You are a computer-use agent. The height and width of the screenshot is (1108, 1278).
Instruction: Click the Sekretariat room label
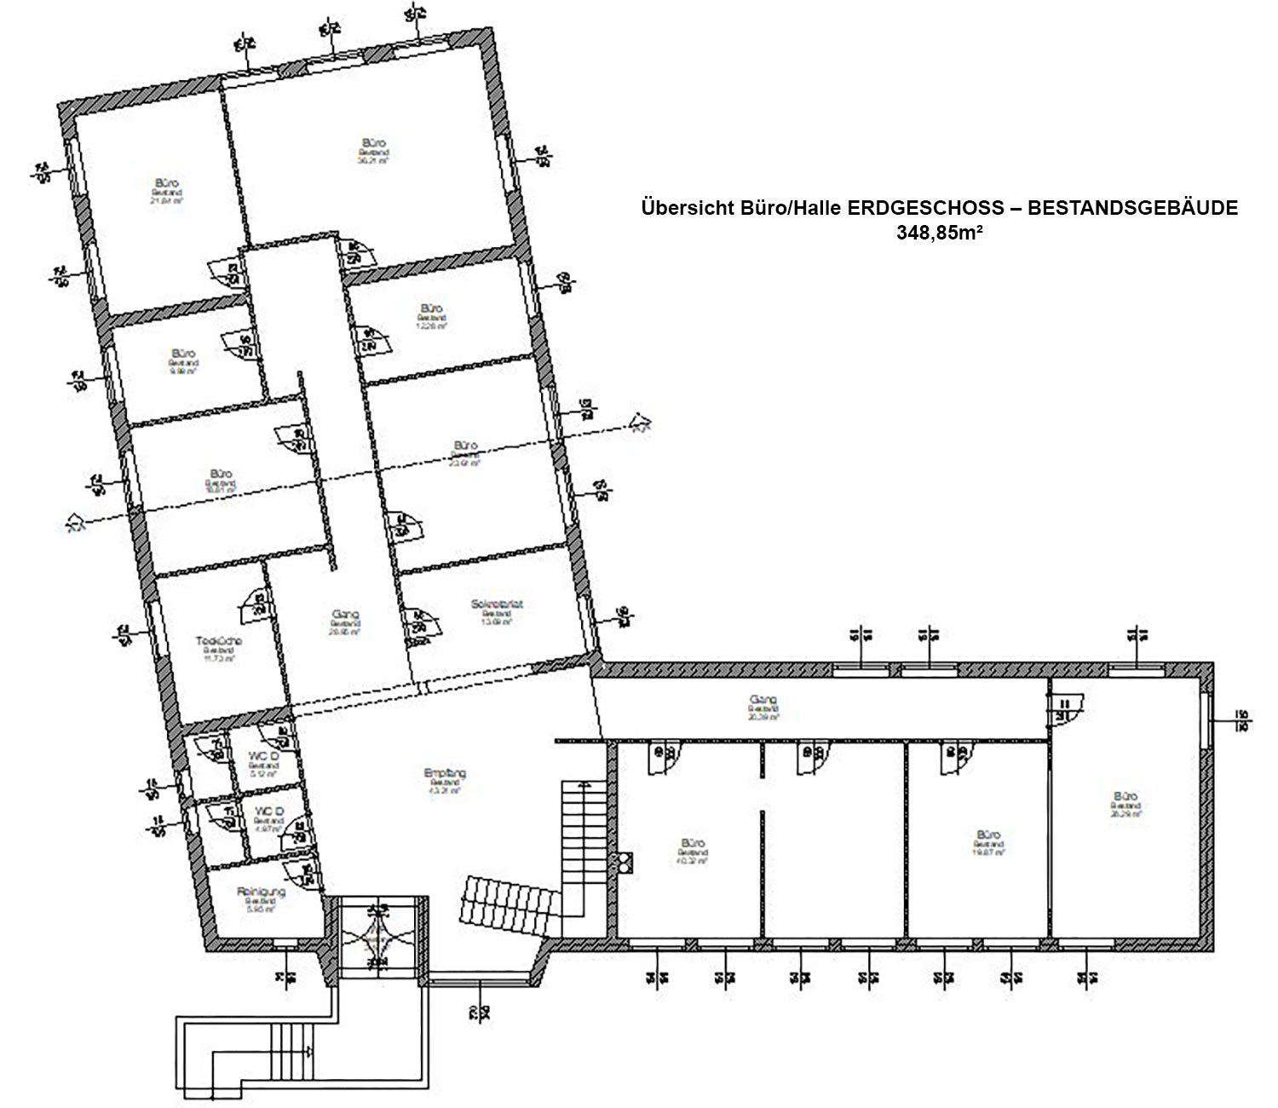click(496, 605)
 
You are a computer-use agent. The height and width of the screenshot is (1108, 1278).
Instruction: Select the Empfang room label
click(445, 774)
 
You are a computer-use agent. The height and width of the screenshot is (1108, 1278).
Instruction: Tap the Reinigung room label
click(262, 892)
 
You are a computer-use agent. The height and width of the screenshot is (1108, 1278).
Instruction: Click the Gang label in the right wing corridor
click(763, 701)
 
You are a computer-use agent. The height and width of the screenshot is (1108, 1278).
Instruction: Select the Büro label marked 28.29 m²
click(1125, 798)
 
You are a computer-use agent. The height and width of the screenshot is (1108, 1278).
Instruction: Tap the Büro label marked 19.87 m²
click(988, 835)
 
